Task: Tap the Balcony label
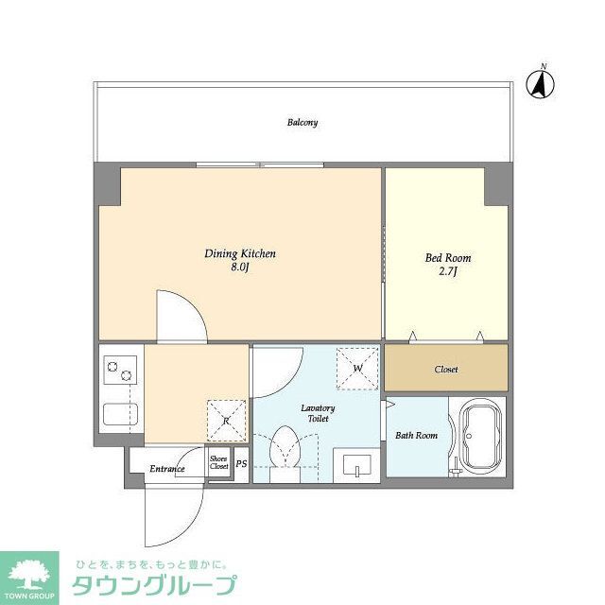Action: click(302, 123)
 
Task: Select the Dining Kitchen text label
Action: click(240, 254)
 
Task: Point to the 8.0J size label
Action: click(240, 268)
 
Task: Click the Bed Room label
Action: click(448, 258)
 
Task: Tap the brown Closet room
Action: click(446, 369)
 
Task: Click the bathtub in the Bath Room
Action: click(478, 436)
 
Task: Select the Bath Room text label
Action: click(416, 436)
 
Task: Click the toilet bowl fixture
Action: click(285, 450)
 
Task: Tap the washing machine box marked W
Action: click(358, 369)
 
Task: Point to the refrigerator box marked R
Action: click(227, 421)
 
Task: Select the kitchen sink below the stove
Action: click(120, 416)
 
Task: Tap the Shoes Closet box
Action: click(219, 463)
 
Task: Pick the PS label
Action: click(241, 464)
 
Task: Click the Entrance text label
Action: click(166, 469)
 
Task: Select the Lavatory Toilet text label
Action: click(318, 413)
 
